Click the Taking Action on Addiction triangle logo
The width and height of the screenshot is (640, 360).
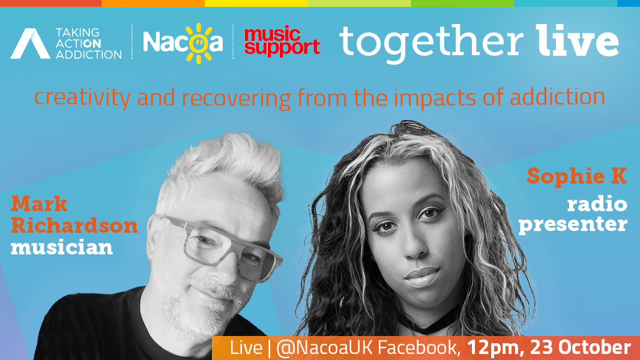click(x=30, y=44)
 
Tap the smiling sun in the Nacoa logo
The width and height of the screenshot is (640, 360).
click(x=198, y=43)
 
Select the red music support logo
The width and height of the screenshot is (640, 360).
click(x=282, y=41)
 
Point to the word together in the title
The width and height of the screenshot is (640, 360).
click(x=431, y=43)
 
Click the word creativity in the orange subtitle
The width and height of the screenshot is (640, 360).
click(x=82, y=97)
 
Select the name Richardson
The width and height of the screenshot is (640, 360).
click(x=74, y=226)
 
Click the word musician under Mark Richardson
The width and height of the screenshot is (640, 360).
click(x=62, y=247)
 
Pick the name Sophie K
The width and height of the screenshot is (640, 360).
click(x=576, y=176)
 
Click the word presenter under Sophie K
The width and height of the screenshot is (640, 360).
click(x=573, y=224)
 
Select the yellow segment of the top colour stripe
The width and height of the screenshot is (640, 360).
click(x=256, y=3)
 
